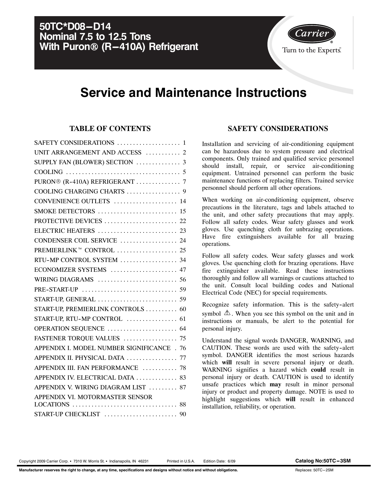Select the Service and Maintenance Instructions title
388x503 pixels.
coord(193,93)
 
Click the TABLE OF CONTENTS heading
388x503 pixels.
coord(110,129)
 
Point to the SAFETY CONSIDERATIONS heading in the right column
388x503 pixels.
coord(278,129)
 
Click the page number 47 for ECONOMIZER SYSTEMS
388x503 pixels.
coord(183,270)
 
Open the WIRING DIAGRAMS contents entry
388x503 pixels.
coord(64,280)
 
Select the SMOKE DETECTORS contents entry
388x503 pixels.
coord(65,211)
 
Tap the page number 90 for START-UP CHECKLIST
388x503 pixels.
coord(183,414)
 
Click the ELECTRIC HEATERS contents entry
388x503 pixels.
coord(65,231)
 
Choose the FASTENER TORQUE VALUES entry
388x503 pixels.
coord(77,338)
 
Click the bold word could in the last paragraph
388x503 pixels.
coord(318,370)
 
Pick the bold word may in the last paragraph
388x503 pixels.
coord(275,384)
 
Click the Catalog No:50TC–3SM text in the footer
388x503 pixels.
coord(323,461)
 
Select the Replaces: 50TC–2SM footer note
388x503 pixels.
coord(314,470)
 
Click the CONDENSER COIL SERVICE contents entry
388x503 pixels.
coord(76,241)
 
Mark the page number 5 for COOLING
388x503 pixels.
coord(184,172)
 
